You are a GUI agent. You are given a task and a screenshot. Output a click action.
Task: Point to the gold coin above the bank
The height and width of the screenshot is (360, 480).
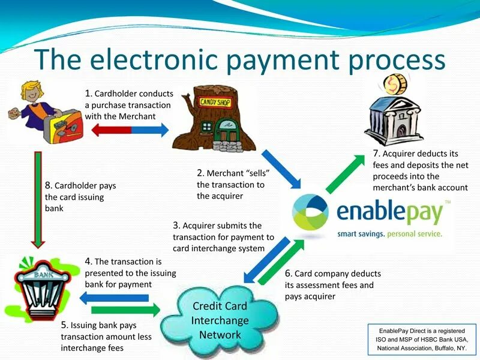coord(397,84)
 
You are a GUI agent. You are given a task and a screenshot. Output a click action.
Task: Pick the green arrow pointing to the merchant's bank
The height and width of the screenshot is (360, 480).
coord(345,174)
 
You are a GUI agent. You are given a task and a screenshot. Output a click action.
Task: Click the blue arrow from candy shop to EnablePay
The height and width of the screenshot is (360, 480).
coord(282,168)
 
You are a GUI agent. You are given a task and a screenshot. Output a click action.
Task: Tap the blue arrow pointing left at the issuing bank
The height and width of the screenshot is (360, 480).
coord(114,298)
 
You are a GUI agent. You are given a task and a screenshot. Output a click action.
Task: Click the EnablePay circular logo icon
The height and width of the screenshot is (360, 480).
coord(310,213)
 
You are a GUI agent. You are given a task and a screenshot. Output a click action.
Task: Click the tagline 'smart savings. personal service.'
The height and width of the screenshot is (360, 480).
coord(389,233)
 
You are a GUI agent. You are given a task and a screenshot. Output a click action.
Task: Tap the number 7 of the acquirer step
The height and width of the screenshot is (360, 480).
coord(376,154)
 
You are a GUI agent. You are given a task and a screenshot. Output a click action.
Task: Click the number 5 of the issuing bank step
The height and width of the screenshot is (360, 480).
coord(64,325)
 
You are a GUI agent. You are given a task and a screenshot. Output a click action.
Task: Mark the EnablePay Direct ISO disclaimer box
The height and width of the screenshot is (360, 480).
coord(421,339)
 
